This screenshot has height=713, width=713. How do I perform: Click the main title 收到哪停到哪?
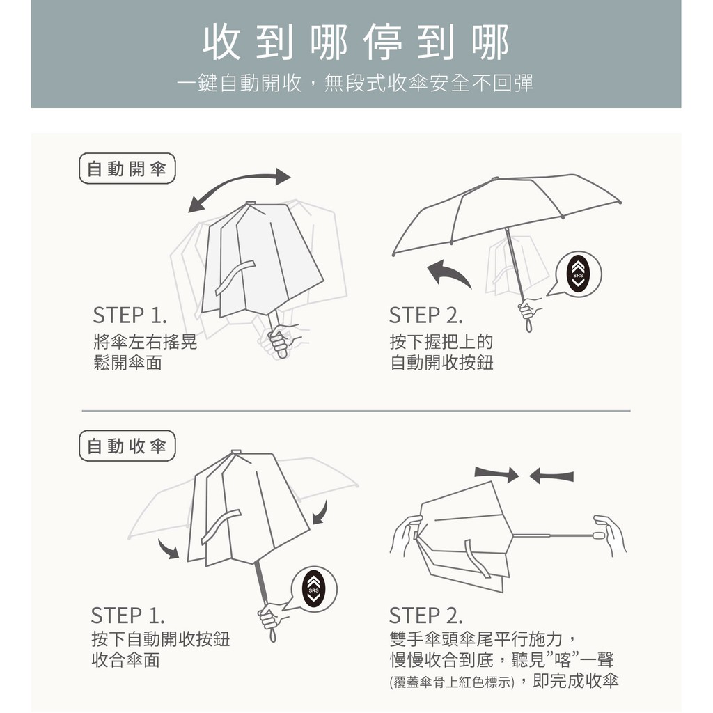click(356, 42)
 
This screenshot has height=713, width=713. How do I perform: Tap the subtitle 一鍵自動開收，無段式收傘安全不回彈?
click(355, 84)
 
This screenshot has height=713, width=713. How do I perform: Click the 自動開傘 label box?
click(127, 169)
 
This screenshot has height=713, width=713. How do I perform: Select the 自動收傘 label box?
click(127, 446)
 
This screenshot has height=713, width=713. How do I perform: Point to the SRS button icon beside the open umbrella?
click(578, 274)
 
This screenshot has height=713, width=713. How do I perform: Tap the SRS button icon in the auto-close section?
click(314, 589)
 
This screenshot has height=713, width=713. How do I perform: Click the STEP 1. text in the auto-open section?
click(130, 315)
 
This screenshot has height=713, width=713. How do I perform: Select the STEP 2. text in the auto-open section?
click(426, 315)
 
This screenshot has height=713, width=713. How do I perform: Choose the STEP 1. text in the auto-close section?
click(128, 616)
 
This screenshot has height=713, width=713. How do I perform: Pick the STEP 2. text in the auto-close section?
click(426, 616)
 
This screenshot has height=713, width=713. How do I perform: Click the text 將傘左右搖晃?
click(146, 341)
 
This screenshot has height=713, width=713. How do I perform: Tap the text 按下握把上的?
click(441, 341)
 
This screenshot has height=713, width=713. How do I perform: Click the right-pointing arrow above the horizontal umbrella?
click(496, 473)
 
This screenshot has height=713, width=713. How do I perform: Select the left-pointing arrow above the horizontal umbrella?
click(551, 476)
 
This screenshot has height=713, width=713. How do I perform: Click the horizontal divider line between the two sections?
click(356, 411)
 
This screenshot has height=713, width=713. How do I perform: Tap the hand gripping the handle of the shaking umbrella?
click(283, 339)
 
